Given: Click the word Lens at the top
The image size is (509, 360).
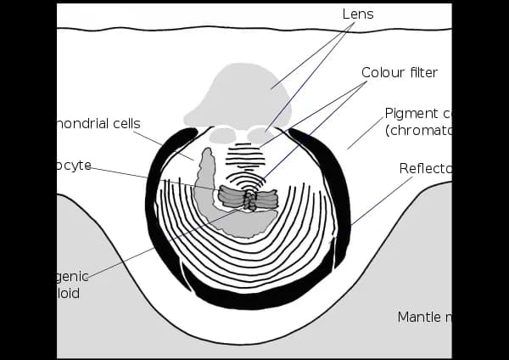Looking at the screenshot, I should point(357,14).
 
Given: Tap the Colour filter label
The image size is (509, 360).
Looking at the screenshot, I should point(400,72).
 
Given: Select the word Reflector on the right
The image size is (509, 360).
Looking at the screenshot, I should point(425,168).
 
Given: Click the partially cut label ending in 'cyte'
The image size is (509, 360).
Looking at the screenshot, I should point(74,165).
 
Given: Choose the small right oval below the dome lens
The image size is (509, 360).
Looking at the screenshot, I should point(260,134).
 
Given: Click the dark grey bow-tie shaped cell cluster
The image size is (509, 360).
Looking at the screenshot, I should point(249,198).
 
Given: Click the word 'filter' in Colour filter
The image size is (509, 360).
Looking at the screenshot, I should point(422,72).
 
